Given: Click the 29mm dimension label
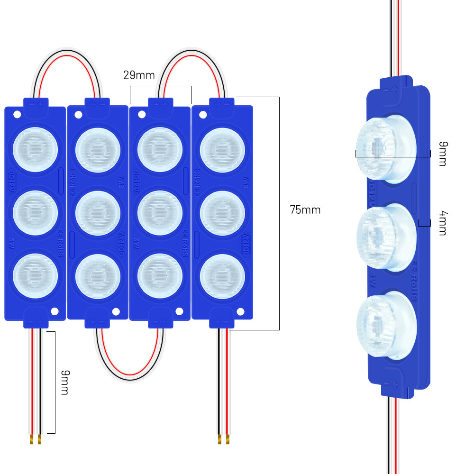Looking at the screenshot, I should pyautogui.click(x=139, y=75).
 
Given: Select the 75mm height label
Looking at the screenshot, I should pyautogui.click(x=305, y=210).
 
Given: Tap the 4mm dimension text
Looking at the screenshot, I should pyautogui.click(x=442, y=223).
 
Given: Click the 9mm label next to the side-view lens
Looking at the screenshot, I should pyautogui.click(x=442, y=154).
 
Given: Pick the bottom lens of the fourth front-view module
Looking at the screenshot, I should pyautogui.click(x=222, y=276).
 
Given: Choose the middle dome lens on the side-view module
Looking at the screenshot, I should pyautogui.click(x=385, y=237).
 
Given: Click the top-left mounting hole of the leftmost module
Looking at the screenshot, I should pyautogui.click(x=17, y=115).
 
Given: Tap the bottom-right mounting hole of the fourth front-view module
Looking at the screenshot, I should pyautogui.click(x=240, y=311).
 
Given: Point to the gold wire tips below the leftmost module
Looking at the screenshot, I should pyautogui.click(x=36, y=439).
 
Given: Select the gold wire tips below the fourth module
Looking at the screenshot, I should pyautogui.click(x=223, y=439).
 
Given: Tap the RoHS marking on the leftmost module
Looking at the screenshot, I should pyautogui.click(x=60, y=243).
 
